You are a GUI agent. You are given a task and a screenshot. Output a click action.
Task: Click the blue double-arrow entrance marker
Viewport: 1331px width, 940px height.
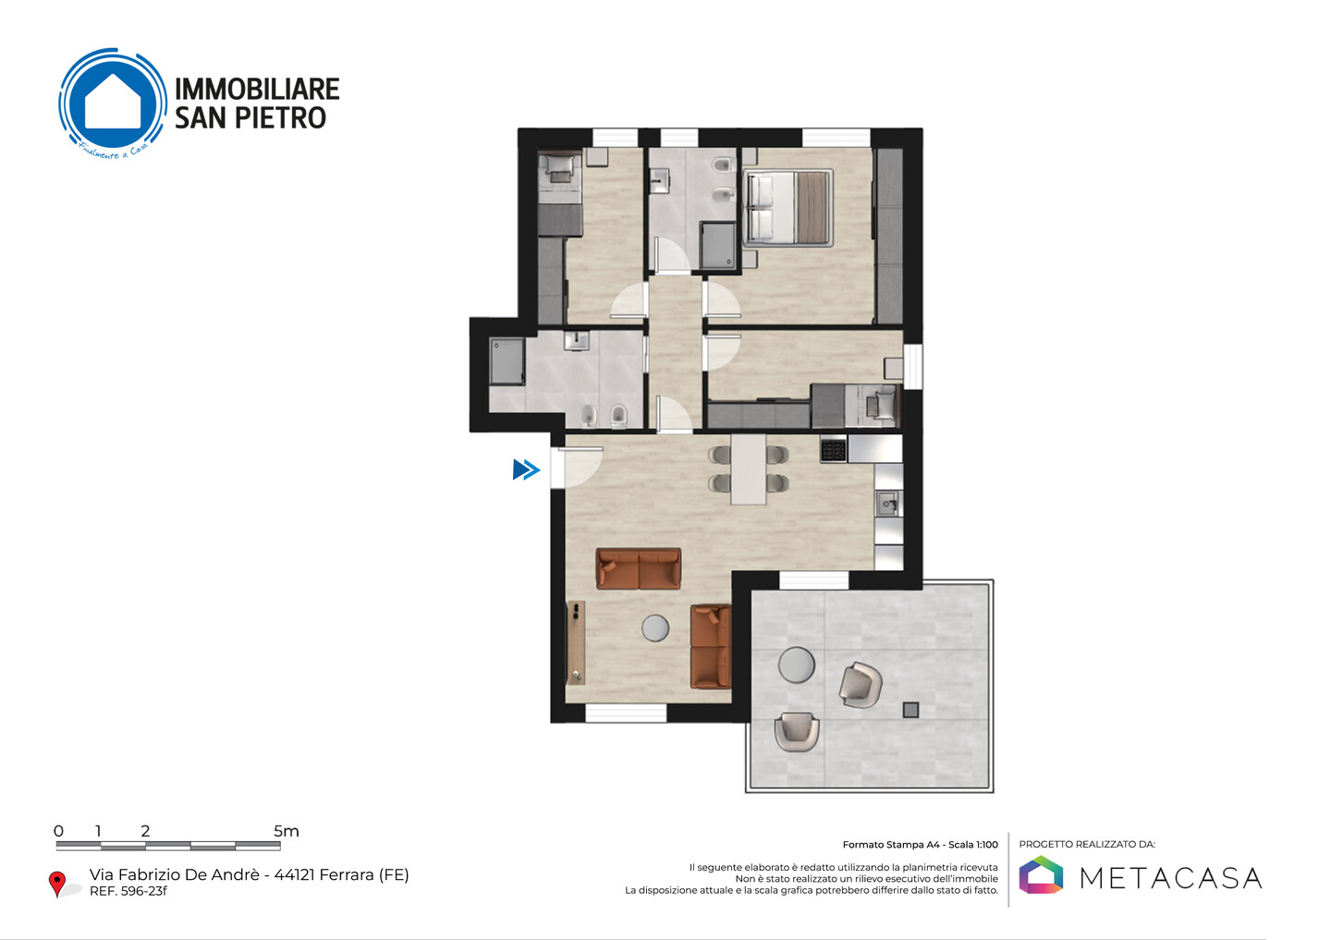(x=527, y=470)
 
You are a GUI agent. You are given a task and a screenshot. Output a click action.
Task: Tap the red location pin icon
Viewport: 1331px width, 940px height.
(x=57, y=884)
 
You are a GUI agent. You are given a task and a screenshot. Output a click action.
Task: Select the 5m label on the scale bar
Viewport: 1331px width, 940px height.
(x=287, y=831)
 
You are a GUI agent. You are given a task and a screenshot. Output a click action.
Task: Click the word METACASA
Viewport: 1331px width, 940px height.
(x=1170, y=878)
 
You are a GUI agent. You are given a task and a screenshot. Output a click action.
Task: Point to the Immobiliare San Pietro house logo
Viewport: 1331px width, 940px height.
(x=113, y=104)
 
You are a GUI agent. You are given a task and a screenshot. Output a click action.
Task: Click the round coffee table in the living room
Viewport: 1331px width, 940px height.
(x=655, y=629)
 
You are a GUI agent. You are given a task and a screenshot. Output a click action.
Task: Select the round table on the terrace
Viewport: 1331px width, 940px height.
(x=796, y=665)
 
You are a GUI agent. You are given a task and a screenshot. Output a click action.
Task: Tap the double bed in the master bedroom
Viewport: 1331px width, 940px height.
(x=788, y=208)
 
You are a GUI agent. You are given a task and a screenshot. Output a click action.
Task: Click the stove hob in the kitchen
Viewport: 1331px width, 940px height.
(x=833, y=448)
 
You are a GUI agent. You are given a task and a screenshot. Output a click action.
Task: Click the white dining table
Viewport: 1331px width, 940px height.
(x=748, y=470)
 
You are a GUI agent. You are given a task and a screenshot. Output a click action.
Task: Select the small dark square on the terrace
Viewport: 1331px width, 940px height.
(x=911, y=710)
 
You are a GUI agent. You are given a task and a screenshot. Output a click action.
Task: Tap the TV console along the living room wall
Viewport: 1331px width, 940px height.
(x=576, y=642)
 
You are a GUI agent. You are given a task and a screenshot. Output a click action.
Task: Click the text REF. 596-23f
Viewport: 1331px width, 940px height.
(x=128, y=891)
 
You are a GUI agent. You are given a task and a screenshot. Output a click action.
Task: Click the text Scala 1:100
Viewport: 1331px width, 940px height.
(x=973, y=845)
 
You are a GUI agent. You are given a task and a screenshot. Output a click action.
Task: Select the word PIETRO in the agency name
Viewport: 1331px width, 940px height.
(x=280, y=117)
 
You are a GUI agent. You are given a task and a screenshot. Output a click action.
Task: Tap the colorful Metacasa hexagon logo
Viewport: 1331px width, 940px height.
(x=1041, y=874)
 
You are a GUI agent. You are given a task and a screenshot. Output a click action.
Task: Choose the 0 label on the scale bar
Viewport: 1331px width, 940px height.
(x=58, y=831)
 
